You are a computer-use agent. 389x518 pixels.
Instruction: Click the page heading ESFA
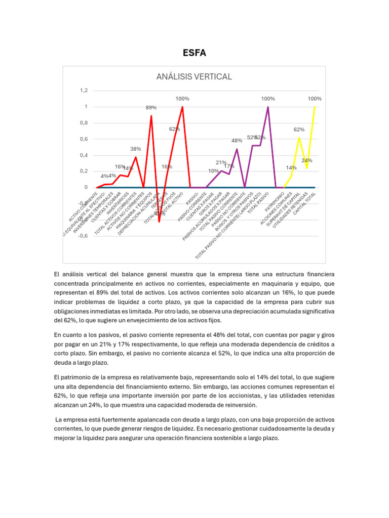pyautogui.click(x=194, y=53)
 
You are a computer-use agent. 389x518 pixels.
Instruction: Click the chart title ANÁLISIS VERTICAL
pyautogui.click(x=194, y=77)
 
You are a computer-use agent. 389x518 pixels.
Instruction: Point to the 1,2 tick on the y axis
pyautogui.click(x=84, y=91)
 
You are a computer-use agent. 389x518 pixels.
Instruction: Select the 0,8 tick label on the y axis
pyautogui.click(x=84, y=123)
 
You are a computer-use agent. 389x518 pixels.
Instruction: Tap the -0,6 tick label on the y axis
pyautogui.click(x=83, y=236)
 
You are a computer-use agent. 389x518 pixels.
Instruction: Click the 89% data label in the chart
pyautogui.click(x=151, y=108)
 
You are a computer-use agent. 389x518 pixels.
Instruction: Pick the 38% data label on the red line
pyautogui.click(x=135, y=149)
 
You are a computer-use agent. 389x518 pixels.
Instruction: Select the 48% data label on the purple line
pyautogui.click(x=237, y=141)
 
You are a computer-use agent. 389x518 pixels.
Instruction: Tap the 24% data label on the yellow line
pyautogui.click(x=307, y=160)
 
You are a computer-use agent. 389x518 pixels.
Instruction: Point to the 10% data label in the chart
pyautogui.click(x=213, y=171)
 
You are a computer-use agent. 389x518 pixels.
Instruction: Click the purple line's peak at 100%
pyautogui.click(x=268, y=107)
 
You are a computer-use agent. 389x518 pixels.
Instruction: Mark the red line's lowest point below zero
pyautogui.click(x=159, y=222)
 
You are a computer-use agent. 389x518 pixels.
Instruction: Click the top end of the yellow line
pyautogui.click(x=315, y=107)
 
